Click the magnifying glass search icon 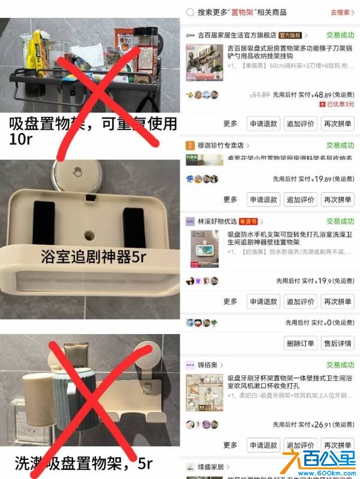tap(190, 12)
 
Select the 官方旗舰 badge tap(292, 35)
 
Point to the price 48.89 tap(322, 95)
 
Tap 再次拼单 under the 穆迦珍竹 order tap(337, 199)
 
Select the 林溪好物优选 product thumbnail tap(205, 247)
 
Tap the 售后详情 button tap(337, 343)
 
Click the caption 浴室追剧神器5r tap(93, 257)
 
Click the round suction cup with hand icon tap(77, 174)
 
